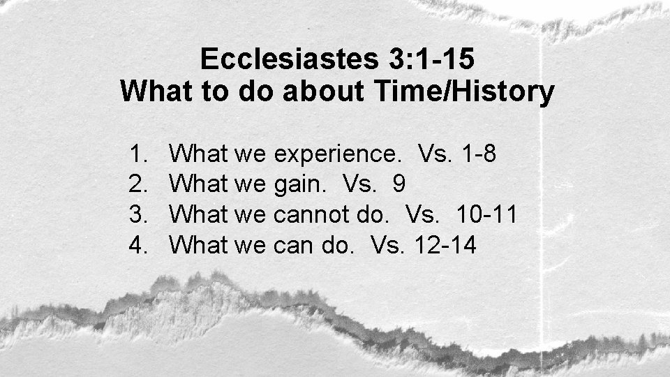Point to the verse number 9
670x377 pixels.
[x=399, y=184]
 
